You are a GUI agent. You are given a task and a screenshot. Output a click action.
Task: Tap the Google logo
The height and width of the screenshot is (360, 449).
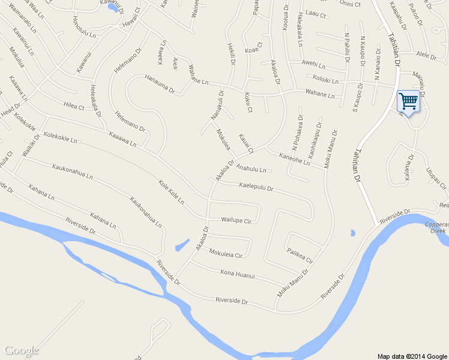tap(22, 350)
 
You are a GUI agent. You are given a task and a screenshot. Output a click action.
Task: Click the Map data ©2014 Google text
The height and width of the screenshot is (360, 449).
tap(412, 356)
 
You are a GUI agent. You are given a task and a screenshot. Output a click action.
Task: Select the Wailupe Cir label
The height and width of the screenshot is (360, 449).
tap(235, 220)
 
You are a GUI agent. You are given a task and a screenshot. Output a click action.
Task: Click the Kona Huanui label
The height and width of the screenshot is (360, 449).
tap(238, 275)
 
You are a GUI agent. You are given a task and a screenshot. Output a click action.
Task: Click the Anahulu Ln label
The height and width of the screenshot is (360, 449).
tap(251, 169)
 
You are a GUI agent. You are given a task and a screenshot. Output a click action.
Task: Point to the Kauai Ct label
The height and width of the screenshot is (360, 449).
tap(247, 143)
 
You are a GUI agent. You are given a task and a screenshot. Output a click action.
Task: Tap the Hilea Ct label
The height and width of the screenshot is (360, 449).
tap(74, 106)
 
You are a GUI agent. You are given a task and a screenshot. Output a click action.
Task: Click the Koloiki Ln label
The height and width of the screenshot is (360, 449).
tap(322, 79)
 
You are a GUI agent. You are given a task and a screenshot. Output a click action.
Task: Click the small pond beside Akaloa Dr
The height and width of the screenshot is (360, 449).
tap(181, 246)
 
